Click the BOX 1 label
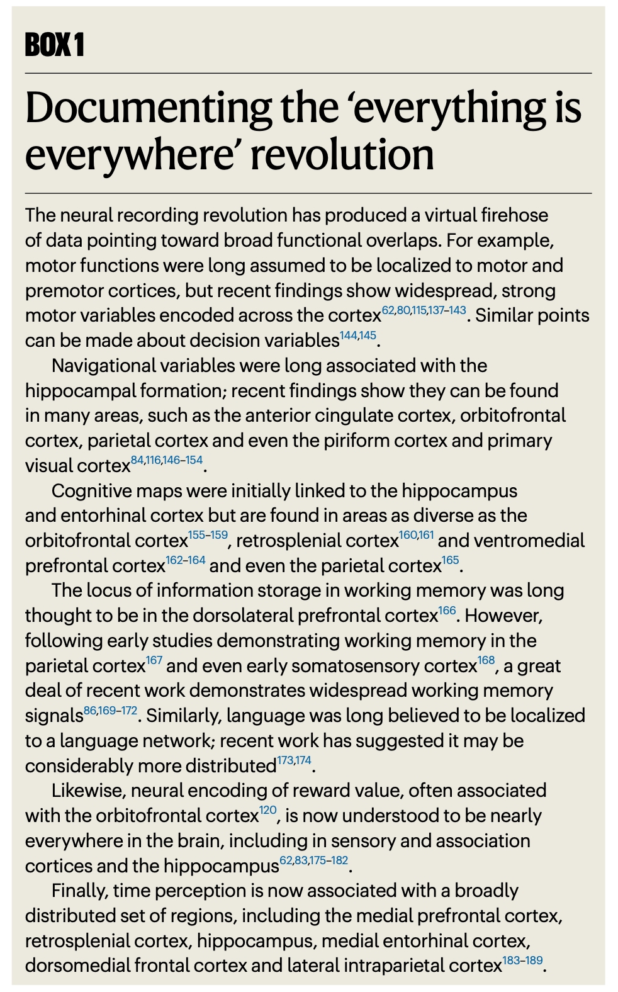pyautogui.click(x=54, y=45)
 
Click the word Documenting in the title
pyautogui.click(x=148, y=108)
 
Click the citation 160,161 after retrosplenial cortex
pyautogui.click(x=416, y=536)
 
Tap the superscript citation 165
pyautogui.click(x=451, y=560)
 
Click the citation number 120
pyautogui.click(x=268, y=810)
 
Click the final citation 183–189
pyautogui.click(x=522, y=961)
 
